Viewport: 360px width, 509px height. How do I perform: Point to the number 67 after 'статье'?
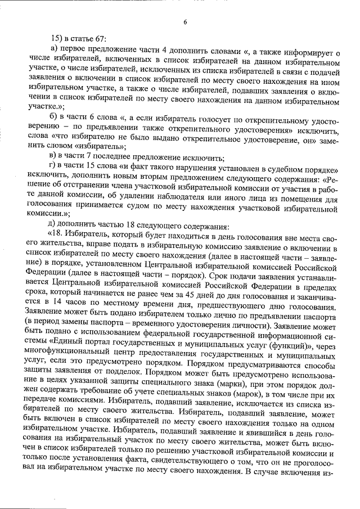click(102, 39)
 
